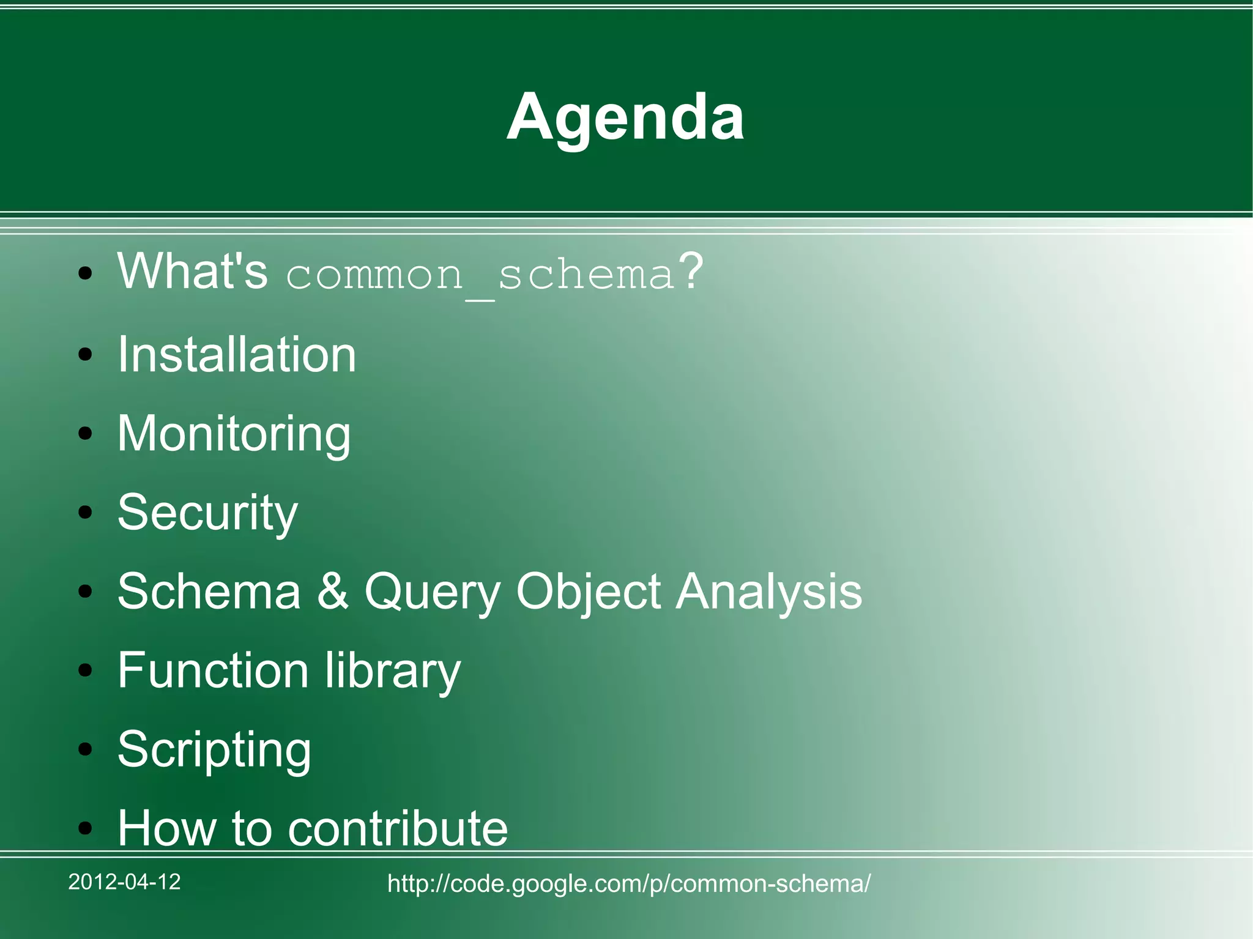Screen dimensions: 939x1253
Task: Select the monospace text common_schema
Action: [x=480, y=275]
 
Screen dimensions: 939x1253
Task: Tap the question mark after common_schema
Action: [x=691, y=271]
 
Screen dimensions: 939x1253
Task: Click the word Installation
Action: [x=237, y=355]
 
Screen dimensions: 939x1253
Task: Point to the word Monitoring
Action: [x=234, y=434]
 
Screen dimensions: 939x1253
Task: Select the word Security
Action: [x=207, y=513]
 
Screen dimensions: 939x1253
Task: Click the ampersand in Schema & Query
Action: [x=332, y=591]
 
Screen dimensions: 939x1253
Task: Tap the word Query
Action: [x=432, y=592]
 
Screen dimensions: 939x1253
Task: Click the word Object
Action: [x=588, y=592]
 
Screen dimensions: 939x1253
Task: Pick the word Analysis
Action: [x=769, y=592]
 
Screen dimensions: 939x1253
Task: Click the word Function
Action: [x=213, y=670]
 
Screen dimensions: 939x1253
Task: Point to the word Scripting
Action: [x=214, y=750]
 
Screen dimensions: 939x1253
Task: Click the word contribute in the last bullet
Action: [x=398, y=828]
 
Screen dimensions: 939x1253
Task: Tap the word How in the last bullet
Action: [x=167, y=828]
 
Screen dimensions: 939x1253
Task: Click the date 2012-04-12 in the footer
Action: [x=124, y=881]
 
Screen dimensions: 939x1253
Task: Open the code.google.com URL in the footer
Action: [x=628, y=883]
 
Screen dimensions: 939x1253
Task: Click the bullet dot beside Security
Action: [x=85, y=513]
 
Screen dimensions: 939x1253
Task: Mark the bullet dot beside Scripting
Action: [x=85, y=749]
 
